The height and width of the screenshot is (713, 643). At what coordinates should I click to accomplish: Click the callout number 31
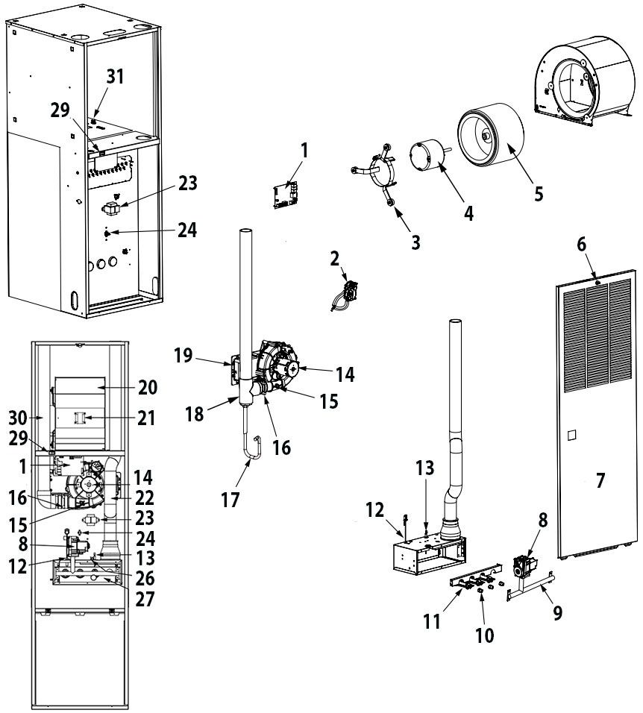(x=115, y=77)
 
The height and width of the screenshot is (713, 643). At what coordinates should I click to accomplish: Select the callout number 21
(x=147, y=418)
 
